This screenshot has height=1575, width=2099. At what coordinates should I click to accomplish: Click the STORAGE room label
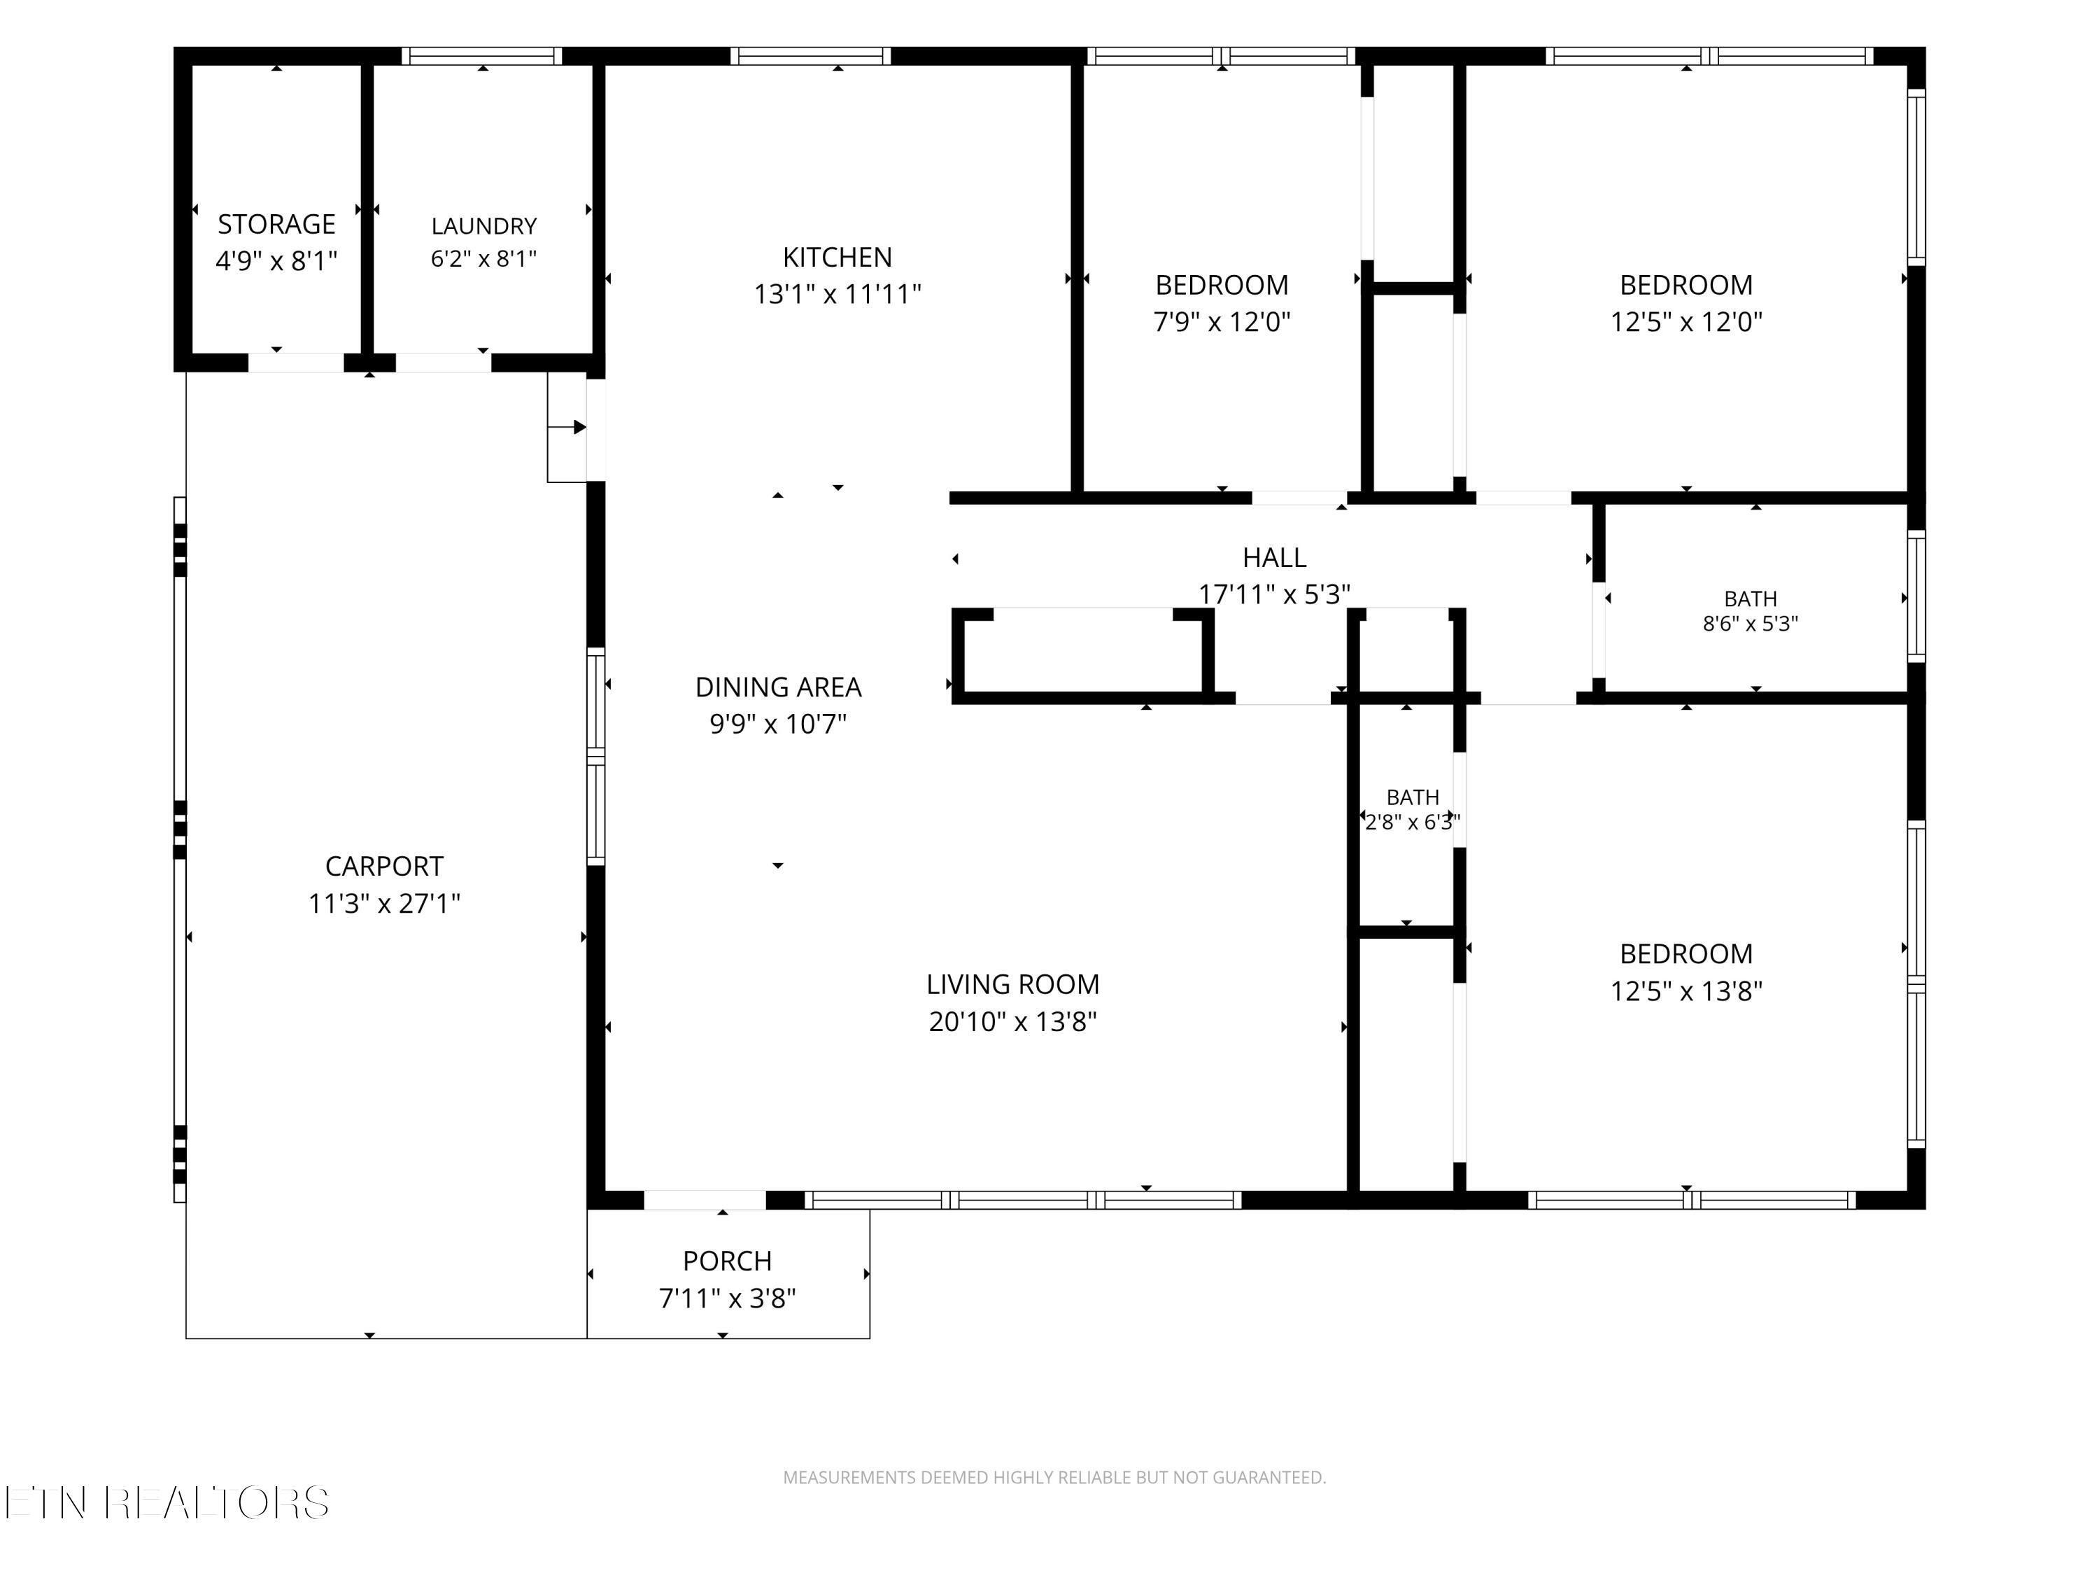coord(276,224)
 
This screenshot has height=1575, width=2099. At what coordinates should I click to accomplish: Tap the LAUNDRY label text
coord(484,226)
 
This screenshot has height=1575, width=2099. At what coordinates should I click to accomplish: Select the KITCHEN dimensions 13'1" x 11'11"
coord(837,294)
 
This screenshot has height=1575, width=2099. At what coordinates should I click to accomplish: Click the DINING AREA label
coord(778,687)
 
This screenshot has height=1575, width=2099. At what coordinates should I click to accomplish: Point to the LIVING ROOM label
coord(1012,984)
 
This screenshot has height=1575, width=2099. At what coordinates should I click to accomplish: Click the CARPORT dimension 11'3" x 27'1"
coord(383,903)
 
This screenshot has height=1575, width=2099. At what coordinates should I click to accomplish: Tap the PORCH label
coord(727,1261)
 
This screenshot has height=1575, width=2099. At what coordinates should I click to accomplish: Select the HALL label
coord(1274,557)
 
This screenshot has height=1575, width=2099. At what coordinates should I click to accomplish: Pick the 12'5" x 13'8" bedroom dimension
coord(1685,991)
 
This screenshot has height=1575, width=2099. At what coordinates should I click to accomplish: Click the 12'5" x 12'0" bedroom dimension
coord(1685,322)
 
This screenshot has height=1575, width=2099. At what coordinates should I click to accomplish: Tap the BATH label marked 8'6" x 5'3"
coord(1750,599)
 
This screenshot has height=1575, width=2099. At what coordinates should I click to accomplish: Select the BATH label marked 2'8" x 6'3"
coord(1412,797)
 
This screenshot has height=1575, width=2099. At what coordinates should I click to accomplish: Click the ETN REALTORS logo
coord(167,1503)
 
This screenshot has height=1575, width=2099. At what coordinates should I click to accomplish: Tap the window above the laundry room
coord(482,56)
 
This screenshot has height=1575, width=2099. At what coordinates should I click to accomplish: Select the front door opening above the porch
coord(705,1200)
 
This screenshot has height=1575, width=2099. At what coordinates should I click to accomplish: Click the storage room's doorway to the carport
coord(296,363)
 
